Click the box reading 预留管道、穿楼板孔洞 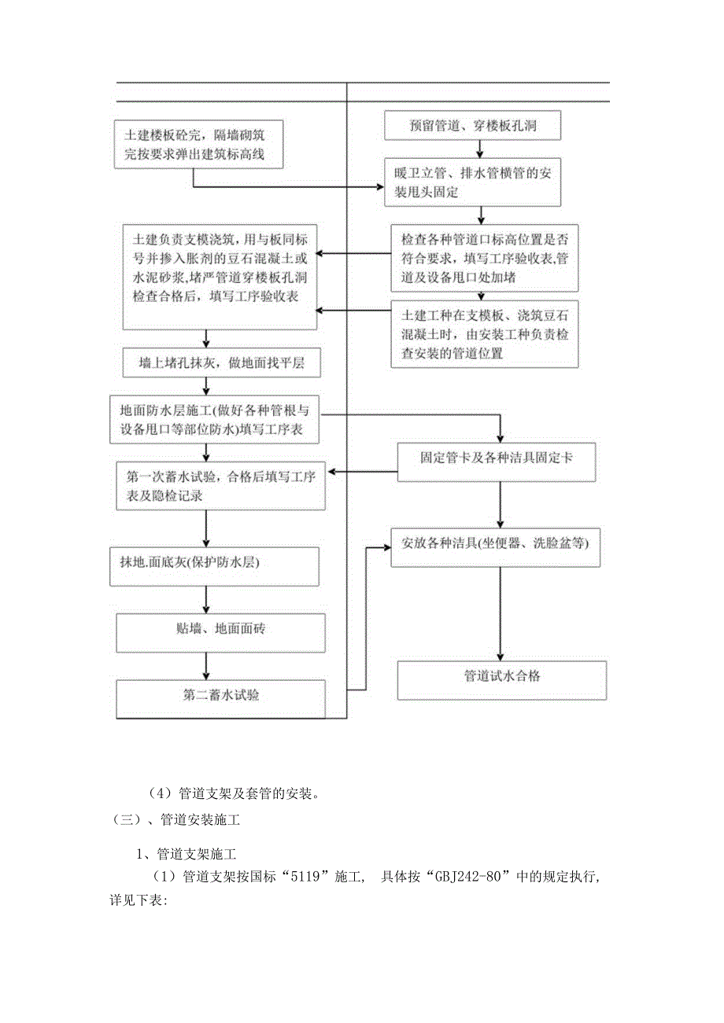pos(473,125)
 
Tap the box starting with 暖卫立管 pos(473,182)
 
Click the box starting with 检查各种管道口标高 pos(485,257)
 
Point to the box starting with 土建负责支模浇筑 pos(220,277)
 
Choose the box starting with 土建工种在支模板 pos(485,333)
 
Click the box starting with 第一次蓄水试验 pos(220,486)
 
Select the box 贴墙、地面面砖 pos(220,633)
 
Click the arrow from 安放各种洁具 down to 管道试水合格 pos(499,613)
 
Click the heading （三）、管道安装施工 pos(178,821)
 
